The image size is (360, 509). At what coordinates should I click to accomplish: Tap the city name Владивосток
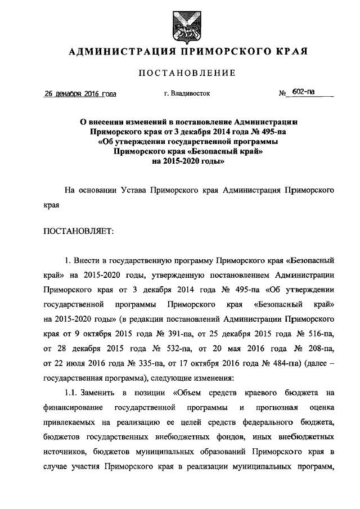click(x=191, y=93)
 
